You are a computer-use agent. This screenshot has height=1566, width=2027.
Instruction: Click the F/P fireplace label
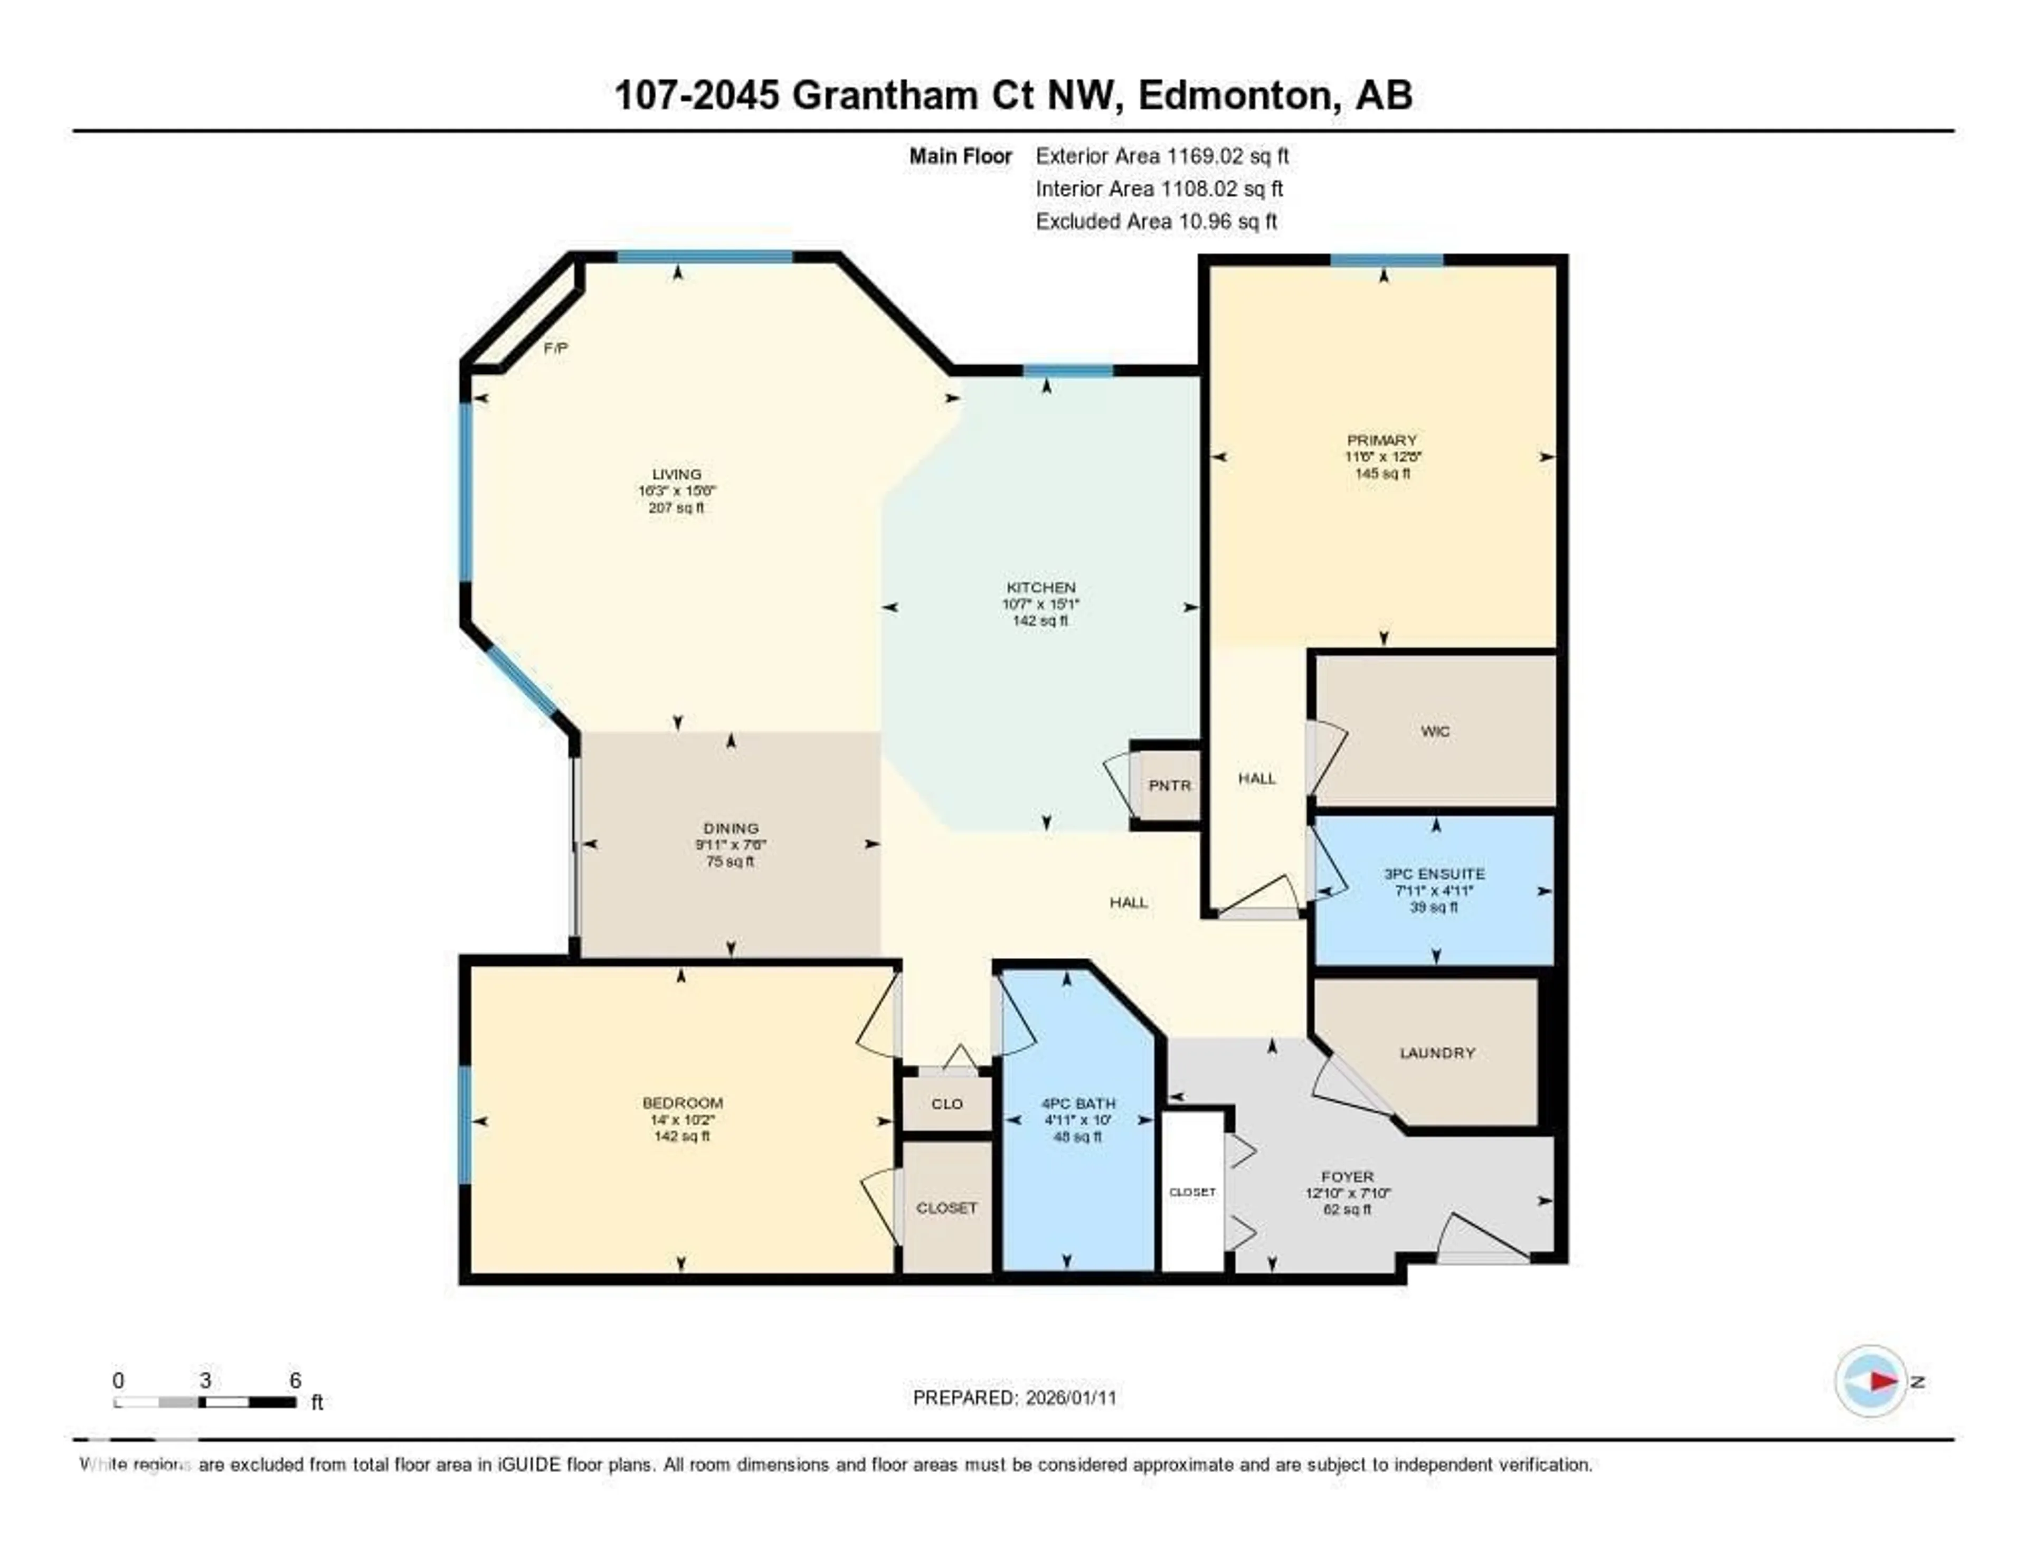coord(555,348)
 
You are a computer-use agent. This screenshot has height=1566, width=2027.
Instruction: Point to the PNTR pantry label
coord(1169,785)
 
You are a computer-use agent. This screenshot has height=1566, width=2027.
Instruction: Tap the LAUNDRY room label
coord(1437,1053)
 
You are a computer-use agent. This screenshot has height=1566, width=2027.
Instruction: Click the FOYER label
coord(1347,1177)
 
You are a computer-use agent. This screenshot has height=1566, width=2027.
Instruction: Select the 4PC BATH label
coord(1077,1103)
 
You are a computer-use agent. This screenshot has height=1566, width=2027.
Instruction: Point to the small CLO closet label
coord(946,1103)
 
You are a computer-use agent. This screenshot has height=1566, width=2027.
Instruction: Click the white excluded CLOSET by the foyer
coord(1192,1192)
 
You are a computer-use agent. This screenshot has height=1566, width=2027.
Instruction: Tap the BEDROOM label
coord(682,1103)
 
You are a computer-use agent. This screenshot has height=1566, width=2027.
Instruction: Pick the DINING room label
coord(731,828)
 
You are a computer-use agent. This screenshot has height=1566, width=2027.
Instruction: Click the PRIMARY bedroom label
coord(1382,440)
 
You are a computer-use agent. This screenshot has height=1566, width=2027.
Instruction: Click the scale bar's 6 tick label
coord(295,1380)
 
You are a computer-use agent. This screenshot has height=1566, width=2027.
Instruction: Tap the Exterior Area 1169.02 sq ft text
coord(1162,156)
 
